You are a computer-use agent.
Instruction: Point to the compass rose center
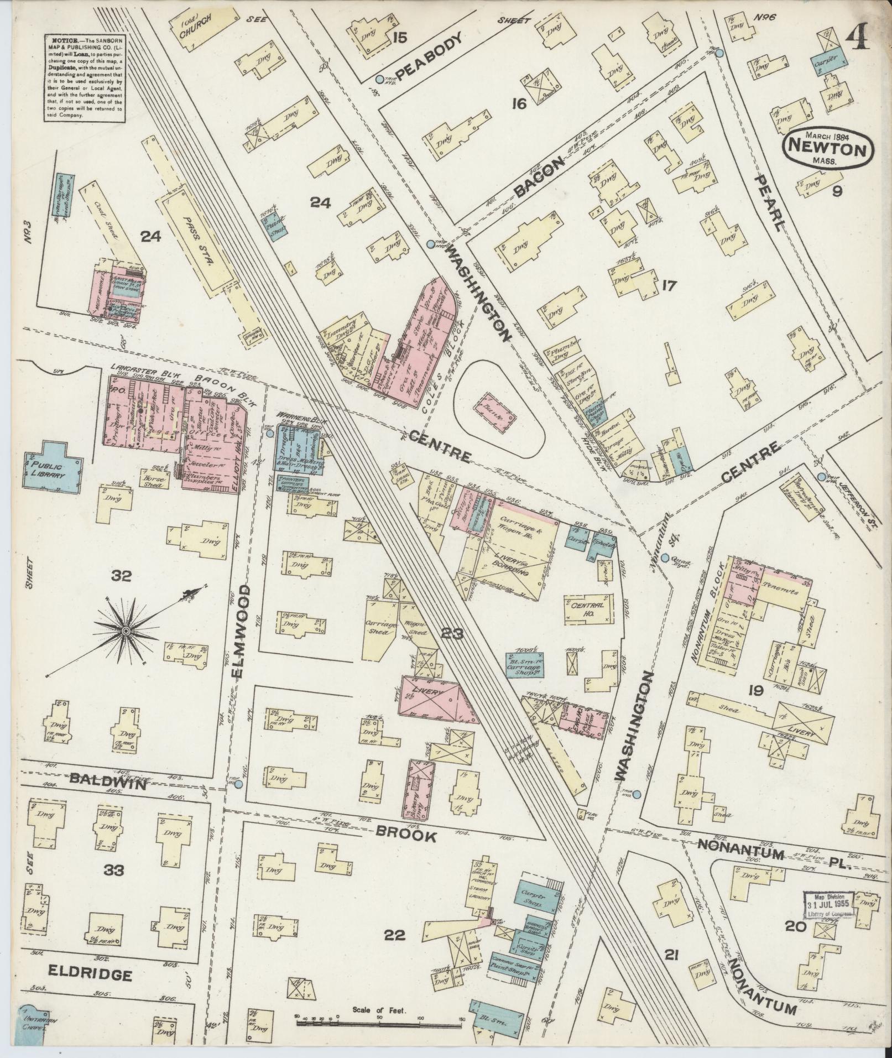[x=127, y=631]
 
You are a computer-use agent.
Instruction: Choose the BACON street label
[x=539, y=177]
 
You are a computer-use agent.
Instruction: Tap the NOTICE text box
[x=84, y=79]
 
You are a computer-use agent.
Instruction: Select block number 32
[x=121, y=576]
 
